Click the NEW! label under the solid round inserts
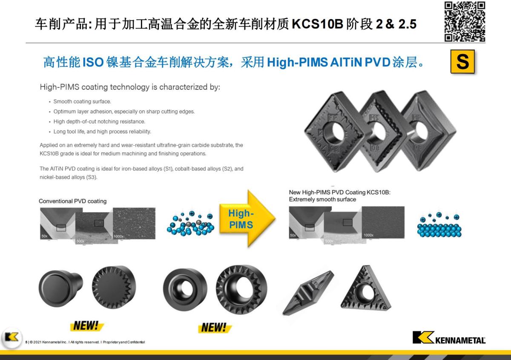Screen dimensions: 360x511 pos(86,326)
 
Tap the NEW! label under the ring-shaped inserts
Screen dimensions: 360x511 pos(214,327)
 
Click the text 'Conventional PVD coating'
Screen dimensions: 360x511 pos(72,201)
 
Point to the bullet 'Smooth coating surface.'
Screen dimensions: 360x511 pos(82,101)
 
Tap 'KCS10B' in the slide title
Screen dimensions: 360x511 pos(318,24)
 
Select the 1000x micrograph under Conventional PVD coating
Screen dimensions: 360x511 pos(134,223)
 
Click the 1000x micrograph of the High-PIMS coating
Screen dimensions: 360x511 pos(383,222)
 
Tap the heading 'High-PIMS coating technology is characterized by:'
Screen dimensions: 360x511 pos(130,87)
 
